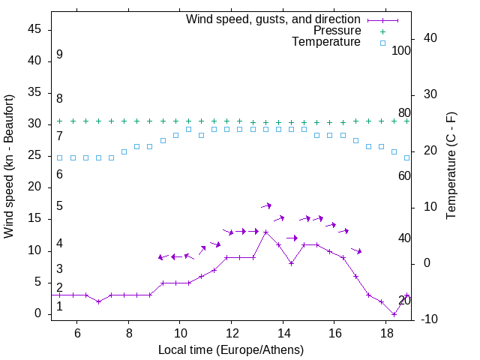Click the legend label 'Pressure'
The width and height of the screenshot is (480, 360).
(337, 31)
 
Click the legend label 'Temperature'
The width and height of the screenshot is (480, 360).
(326, 43)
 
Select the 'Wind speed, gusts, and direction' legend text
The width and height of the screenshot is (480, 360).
(274, 19)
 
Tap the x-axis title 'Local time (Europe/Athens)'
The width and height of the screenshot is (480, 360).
(231, 349)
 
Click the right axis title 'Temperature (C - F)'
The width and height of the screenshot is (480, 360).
(451, 166)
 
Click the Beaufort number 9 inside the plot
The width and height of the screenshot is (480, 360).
(59, 55)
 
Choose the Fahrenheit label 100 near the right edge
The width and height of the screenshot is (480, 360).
(401, 50)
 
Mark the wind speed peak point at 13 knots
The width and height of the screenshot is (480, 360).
(265, 232)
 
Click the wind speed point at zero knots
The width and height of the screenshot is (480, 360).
(394, 314)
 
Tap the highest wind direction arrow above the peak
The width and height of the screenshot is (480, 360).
(266, 205)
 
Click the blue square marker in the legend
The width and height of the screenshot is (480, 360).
(382, 43)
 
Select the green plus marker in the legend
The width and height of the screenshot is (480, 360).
(382, 31)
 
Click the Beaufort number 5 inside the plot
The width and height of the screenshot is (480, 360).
(59, 206)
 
